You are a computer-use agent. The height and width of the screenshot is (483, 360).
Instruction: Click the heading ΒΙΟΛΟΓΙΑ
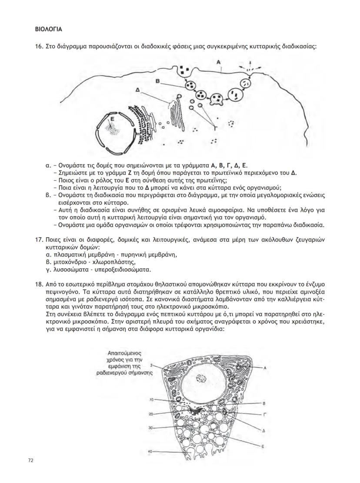[48, 30]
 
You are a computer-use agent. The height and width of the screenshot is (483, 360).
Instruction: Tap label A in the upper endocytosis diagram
[220, 63]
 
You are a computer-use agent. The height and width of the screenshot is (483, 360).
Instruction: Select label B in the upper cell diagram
[157, 81]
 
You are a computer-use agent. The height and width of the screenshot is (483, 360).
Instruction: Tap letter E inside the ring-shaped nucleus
[112, 118]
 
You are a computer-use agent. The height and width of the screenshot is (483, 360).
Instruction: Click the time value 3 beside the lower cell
[151, 366]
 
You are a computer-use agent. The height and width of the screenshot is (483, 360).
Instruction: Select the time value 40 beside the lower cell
[150, 451]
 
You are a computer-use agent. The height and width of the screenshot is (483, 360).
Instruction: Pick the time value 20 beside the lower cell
[150, 413]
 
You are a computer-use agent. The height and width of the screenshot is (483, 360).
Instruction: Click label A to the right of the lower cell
[264, 368]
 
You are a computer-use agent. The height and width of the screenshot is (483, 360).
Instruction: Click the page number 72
[30, 460]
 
